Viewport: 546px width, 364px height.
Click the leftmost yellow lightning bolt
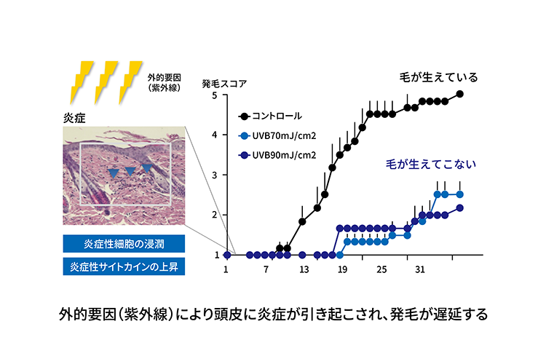pos(82,82)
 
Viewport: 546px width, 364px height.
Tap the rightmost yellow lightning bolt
pos(130,82)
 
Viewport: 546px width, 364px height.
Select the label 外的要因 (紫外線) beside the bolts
pos(165,82)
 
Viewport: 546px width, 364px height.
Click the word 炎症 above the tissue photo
pos(74,119)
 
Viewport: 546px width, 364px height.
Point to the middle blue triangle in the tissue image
pos(130,171)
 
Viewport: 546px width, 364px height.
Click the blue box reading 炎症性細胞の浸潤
pos(124,244)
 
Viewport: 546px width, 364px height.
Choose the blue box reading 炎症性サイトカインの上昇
pos(124,267)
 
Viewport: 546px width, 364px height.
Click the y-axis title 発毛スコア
pos(224,84)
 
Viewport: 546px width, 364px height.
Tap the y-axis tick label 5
pos(215,95)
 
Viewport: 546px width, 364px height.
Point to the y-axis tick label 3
pos(215,175)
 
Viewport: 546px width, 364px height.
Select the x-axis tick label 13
pos(304,269)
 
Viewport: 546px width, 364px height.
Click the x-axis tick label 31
pos(420,269)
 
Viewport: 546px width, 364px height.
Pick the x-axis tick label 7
pos(266,269)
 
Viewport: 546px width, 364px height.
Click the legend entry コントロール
pos(270,116)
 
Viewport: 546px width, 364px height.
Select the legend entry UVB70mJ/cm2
pos(277,136)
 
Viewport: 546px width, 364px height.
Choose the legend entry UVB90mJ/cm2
pos(277,155)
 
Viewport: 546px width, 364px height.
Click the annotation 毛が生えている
pos(438,77)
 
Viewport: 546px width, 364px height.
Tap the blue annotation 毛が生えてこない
pos(431,164)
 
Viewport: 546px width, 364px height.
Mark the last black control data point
pos(459,94)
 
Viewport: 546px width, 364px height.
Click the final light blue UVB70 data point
pos(459,194)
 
